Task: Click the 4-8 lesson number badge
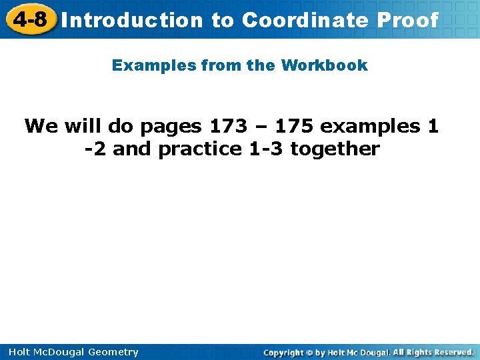(30, 19)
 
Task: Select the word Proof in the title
(407, 20)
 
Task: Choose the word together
(335, 149)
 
